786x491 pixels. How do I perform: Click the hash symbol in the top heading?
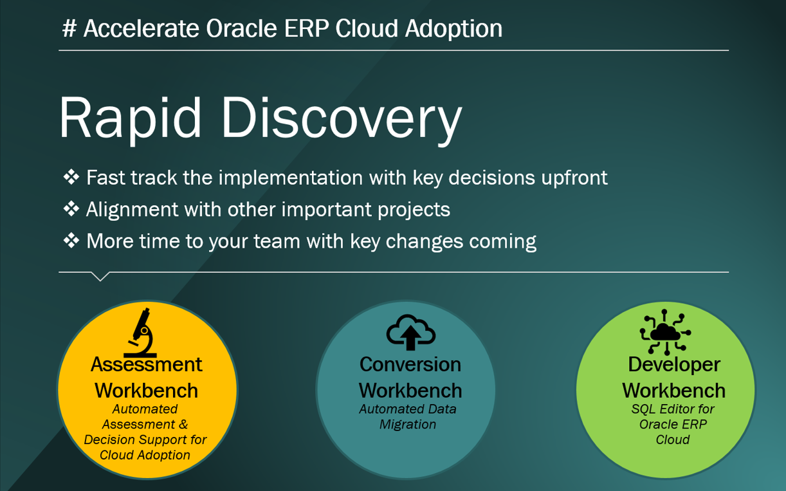pyautogui.click(x=69, y=28)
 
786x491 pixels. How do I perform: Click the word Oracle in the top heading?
pyautogui.click(x=241, y=28)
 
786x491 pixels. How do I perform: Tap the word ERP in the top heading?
pyautogui.click(x=306, y=28)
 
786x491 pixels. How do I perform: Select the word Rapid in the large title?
pyautogui.click(x=131, y=118)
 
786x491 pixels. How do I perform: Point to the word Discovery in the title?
pyautogui.click(x=342, y=118)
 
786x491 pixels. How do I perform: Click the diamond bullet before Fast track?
pyautogui.click(x=71, y=177)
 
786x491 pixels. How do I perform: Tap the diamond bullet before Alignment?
pyautogui.click(x=71, y=209)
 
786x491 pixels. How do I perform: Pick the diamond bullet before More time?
pyautogui.click(x=71, y=241)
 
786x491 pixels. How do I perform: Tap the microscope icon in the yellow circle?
pyautogui.click(x=141, y=332)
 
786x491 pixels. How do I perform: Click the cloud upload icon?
pyautogui.click(x=410, y=332)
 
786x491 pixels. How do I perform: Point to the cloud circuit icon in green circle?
pyautogui.click(x=665, y=332)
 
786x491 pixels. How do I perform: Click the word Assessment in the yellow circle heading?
pyautogui.click(x=146, y=364)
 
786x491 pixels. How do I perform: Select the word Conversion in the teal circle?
pyautogui.click(x=410, y=364)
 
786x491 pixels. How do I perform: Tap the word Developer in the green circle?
pyautogui.click(x=674, y=364)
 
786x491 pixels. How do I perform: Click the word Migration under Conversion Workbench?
pyautogui.click(x=408, y=425)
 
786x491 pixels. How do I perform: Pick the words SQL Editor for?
pyautogui.click(x=673, y=409)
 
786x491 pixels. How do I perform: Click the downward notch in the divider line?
pyautogui.click(x=100, y=277)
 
